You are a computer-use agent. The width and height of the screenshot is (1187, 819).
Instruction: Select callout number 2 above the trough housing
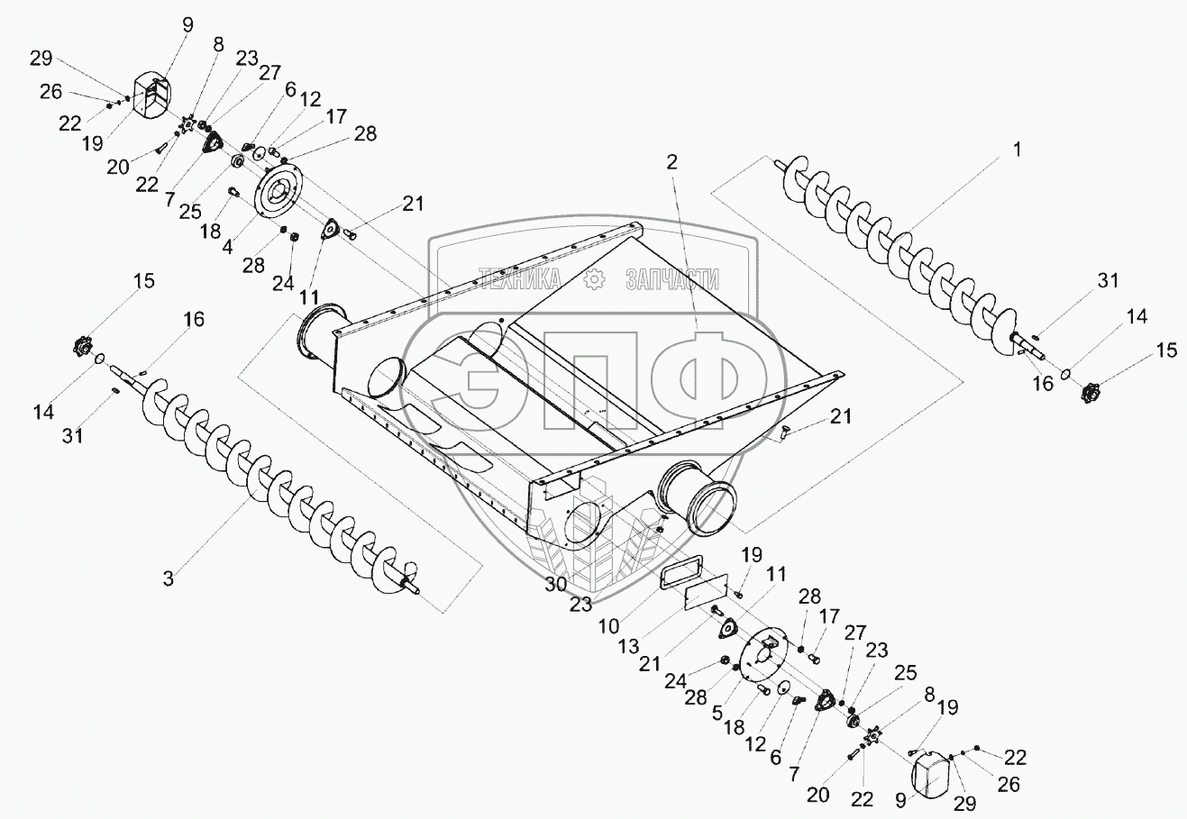tap(671, 162)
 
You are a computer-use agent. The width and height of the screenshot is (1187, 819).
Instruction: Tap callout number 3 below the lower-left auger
tap(169, 578)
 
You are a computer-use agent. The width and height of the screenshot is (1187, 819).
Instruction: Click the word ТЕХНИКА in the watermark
tap(520, 279)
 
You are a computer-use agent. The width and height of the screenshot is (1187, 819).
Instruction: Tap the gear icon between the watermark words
tap(594, 279)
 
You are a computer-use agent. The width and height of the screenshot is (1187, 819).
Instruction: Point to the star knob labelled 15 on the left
tap(83, 345)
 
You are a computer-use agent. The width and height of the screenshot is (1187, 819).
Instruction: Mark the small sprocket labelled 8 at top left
tap(187, 122)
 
